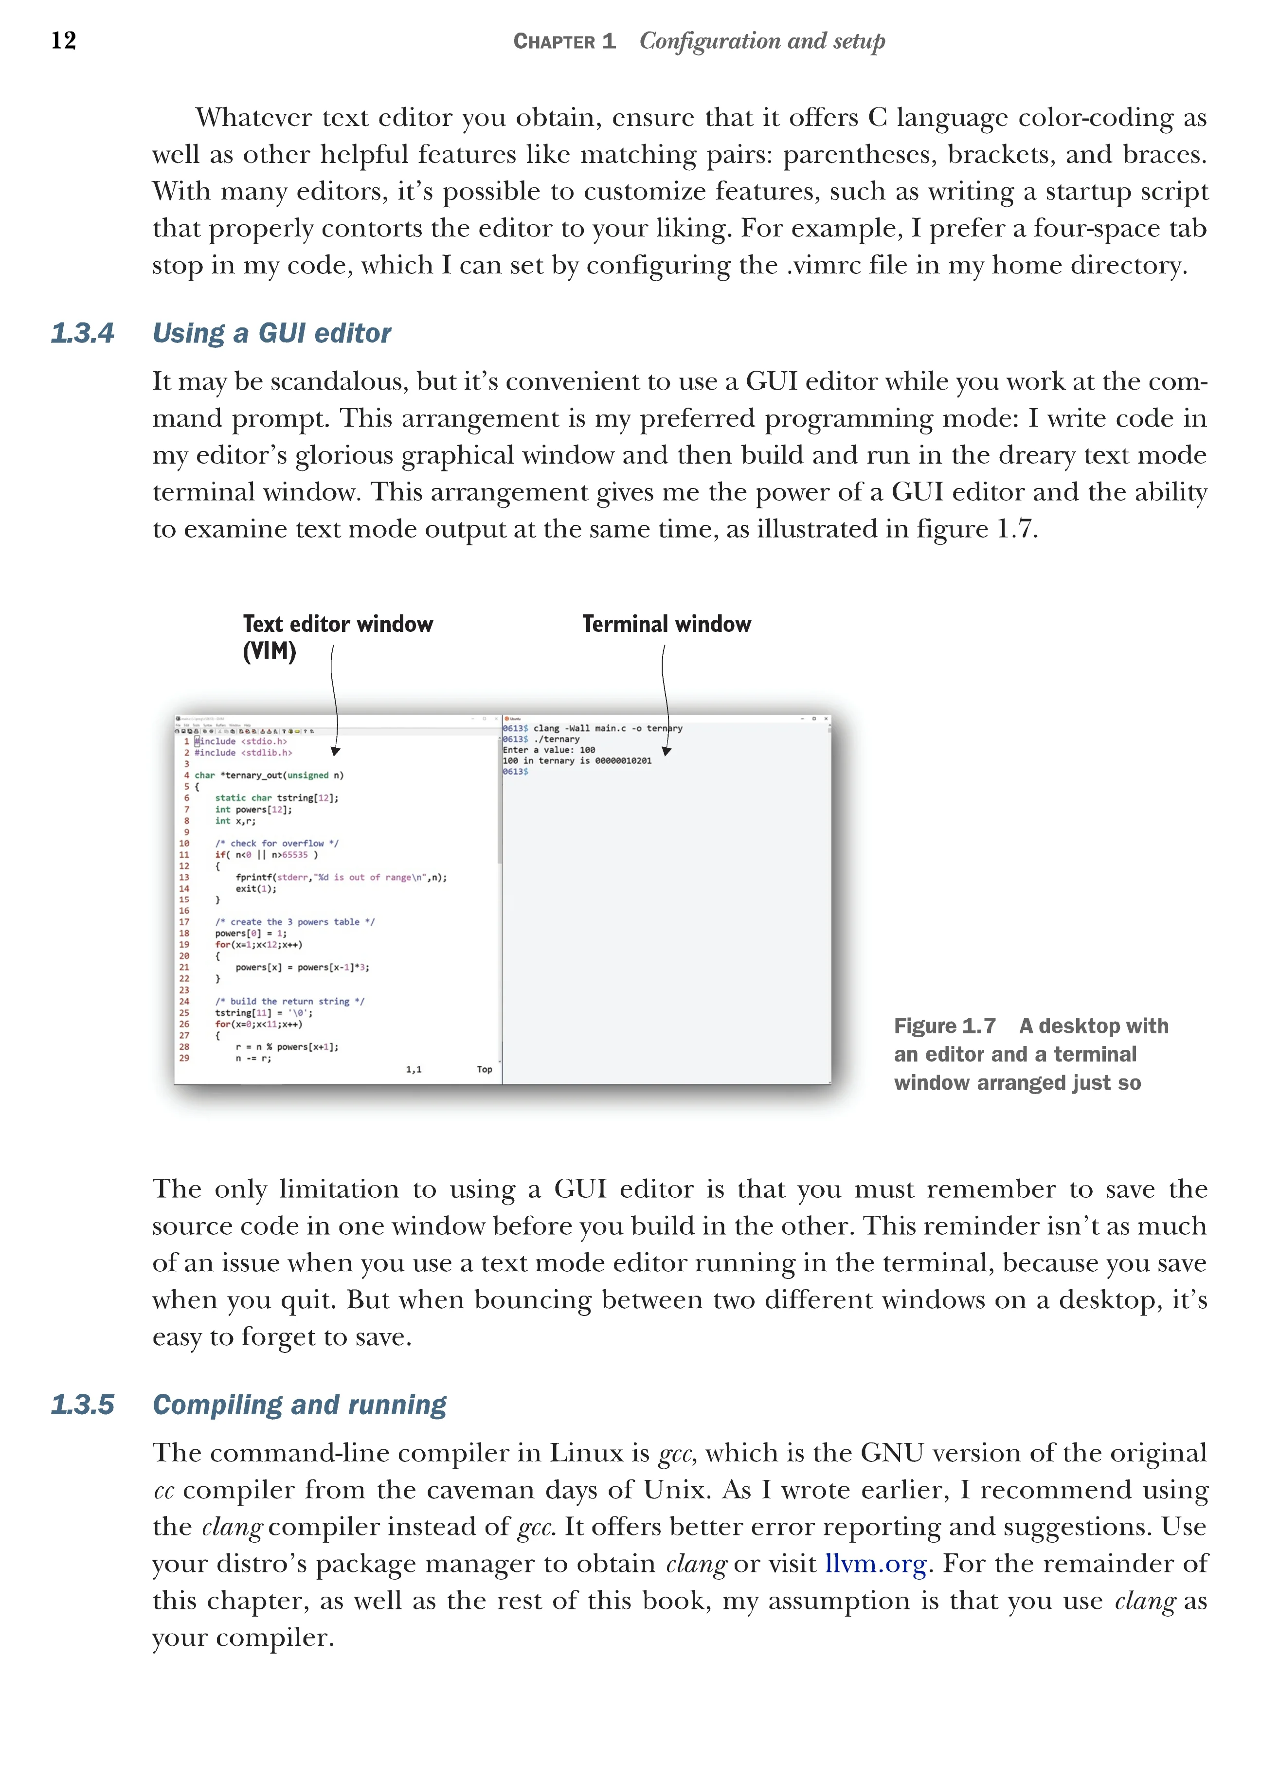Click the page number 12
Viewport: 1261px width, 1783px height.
pos(64,40)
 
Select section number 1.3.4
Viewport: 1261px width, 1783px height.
pos(82,333)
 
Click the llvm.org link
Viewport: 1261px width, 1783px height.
pos(875,1563)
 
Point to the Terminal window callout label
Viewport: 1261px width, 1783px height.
pos(666,624)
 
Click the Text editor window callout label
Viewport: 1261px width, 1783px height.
pos(338,624)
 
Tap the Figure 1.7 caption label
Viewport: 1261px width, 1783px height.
pos(944,1026)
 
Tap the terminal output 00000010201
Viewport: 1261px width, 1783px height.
pos(623,761)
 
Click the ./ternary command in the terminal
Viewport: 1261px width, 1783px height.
pos(556,739)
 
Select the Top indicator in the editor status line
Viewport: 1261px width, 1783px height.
pos(485,1069)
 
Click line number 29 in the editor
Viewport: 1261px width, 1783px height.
pos(184,1058)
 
